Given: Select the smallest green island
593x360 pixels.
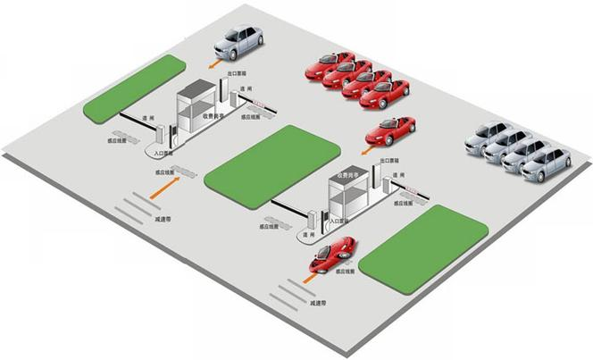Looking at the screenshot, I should pyautogui.click(x=135, y=88).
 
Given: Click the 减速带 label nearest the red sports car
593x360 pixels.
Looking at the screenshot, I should pyautogui.click(x=321, y=305).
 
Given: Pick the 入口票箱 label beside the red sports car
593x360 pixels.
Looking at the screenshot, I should pyautogui.click(x=337, y=219).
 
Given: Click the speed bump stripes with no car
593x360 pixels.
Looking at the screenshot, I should pyautogui.click(x=138, y=205).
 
